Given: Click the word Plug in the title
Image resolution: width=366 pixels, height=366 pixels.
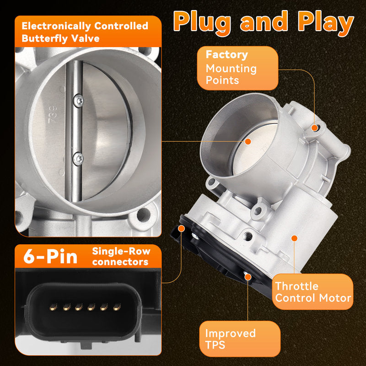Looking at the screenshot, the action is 202,22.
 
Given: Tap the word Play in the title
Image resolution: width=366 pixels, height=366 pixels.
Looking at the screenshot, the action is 326,22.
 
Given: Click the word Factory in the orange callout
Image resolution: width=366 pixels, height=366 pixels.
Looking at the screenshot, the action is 226,55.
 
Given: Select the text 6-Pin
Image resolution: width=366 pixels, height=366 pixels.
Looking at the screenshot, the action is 50,256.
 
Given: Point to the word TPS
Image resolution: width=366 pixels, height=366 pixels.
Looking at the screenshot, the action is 215,345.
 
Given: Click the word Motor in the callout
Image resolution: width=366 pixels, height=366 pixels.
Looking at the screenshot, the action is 335,298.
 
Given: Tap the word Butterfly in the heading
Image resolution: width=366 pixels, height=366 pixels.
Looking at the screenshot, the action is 44,39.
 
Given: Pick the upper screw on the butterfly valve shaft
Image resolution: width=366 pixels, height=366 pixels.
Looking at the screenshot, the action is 78,101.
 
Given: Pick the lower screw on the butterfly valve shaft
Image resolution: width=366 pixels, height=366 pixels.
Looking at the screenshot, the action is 78,159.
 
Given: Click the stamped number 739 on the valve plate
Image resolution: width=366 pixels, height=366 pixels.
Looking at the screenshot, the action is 52,115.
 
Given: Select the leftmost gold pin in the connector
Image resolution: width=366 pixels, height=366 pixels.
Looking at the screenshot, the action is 54,307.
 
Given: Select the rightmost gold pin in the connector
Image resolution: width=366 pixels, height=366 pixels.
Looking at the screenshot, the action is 117,307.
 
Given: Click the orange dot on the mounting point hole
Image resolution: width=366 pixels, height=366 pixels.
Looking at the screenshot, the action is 315,128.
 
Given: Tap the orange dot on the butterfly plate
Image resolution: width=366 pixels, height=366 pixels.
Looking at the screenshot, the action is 248,141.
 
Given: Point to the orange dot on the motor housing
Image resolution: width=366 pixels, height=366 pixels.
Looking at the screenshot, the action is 294,238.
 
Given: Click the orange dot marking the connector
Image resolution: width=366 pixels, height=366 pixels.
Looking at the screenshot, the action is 181,228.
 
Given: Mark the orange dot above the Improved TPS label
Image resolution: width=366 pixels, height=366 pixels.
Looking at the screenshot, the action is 248,277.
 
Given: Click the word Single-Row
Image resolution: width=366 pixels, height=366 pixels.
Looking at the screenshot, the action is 121,251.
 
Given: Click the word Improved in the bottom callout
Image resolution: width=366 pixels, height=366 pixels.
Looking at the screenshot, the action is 231,334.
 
